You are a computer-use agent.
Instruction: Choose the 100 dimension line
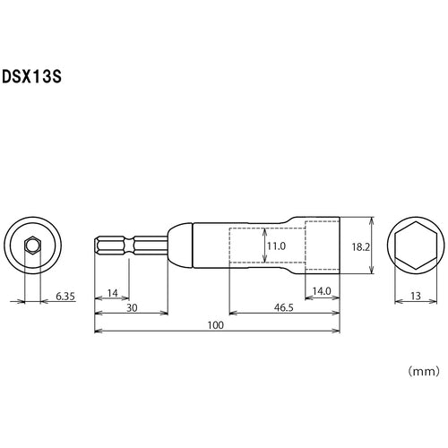coord(161,331)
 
